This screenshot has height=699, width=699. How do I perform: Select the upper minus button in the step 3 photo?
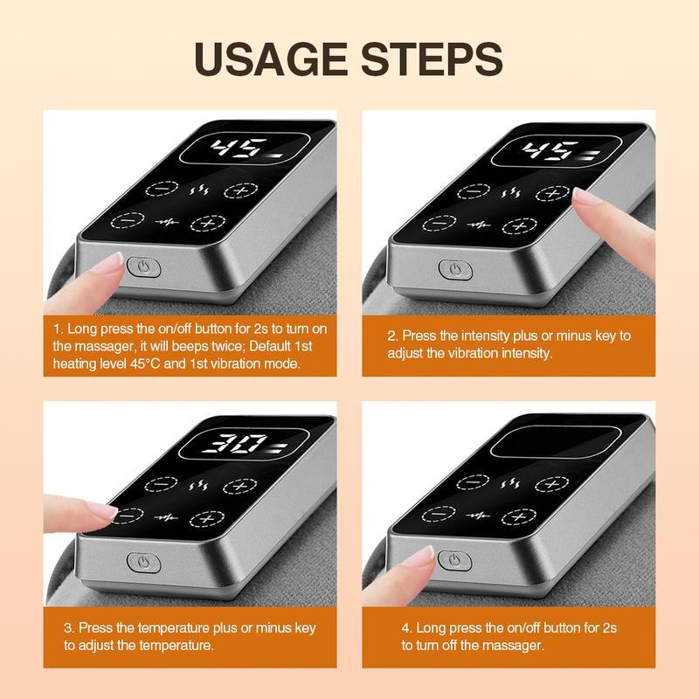163,485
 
